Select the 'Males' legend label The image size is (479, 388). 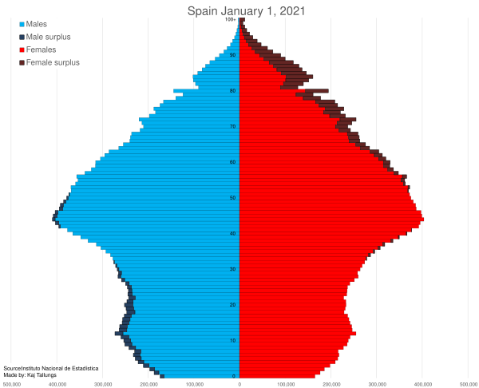pyautogui.click(x=37, y=24)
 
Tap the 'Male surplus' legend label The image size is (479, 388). pyautogui.click(x=48, y=37)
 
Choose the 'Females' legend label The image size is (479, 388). pyautogui.click(x=41, y=49)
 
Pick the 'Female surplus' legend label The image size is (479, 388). pyautogui.click(x=53, y=62)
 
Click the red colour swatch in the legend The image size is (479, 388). pyautogui.click(x=22, y=49)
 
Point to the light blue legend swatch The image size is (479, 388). pyautogui.click(x=22, y=24)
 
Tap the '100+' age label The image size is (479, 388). pyautogui.click(x=231, y=19)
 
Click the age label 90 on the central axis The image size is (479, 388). pyautogui.click(x=232, y=55)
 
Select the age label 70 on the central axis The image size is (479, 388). pyautogui.click(x=232, y=126)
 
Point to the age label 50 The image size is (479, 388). pyautogui.click(x=232, y=197)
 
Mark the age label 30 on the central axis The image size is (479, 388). pyautogui.click(x=232, y=269)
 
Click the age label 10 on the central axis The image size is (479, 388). pyautogui.click(x=232, y=340)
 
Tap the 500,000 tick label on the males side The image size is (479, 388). pyautogui.click(x=12, y=384)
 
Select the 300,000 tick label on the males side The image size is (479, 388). pyautogui.click(x=103, y=384)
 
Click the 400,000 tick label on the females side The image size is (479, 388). pyautogui.click(x=422, y=384)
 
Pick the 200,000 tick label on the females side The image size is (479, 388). pyautogui.click(x=331, y=384)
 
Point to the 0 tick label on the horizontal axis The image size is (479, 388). pyautogui.click(x=239, y=384)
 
